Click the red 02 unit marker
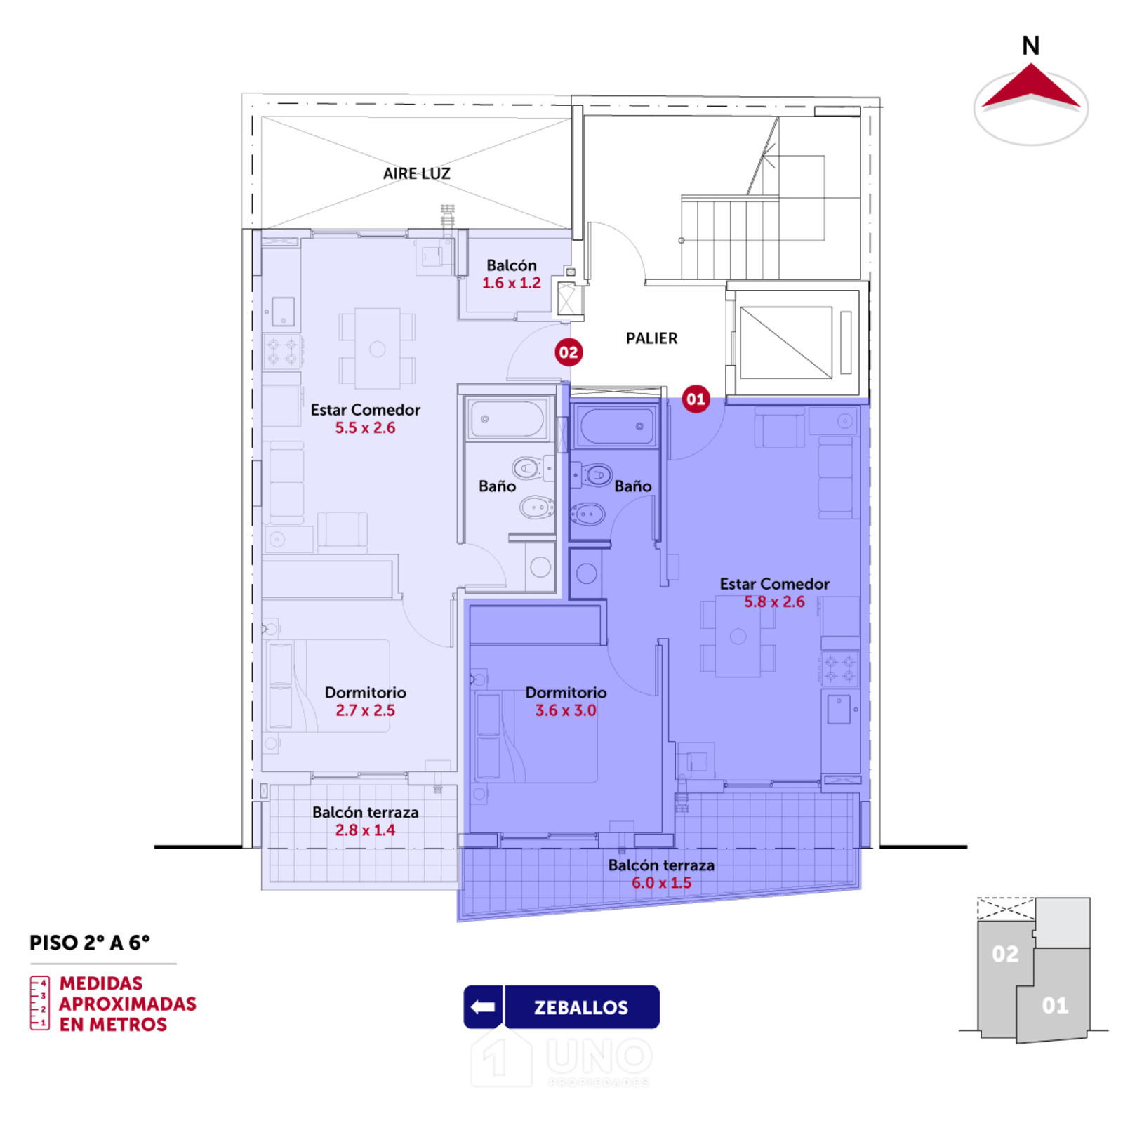(568, 352)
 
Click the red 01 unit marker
(696, 399)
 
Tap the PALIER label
(651, 338)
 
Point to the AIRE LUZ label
(416, 173)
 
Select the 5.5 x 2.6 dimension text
(365, 427)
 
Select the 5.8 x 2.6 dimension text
(774, 602)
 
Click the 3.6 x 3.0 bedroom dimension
(566, 710)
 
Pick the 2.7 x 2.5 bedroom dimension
(365, 710)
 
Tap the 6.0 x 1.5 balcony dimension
(661, 883)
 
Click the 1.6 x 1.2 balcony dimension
(511, 283)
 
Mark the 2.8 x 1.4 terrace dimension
(365, 830)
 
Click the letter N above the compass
(1030, 46)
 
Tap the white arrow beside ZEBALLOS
(483, 1007)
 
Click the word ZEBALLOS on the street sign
(581, 1008)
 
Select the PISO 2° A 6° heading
(90, 943)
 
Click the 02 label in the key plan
(1005, 954)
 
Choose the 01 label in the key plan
(1055, 1006)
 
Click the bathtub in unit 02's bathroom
(507, 419)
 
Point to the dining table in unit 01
(738, 637)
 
